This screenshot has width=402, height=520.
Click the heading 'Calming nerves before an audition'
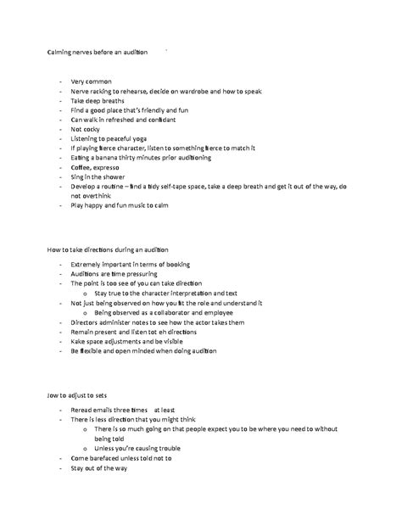click(97, 52)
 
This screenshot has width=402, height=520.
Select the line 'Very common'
click(91, 81)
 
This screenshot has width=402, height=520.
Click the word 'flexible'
click(100, 351)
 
